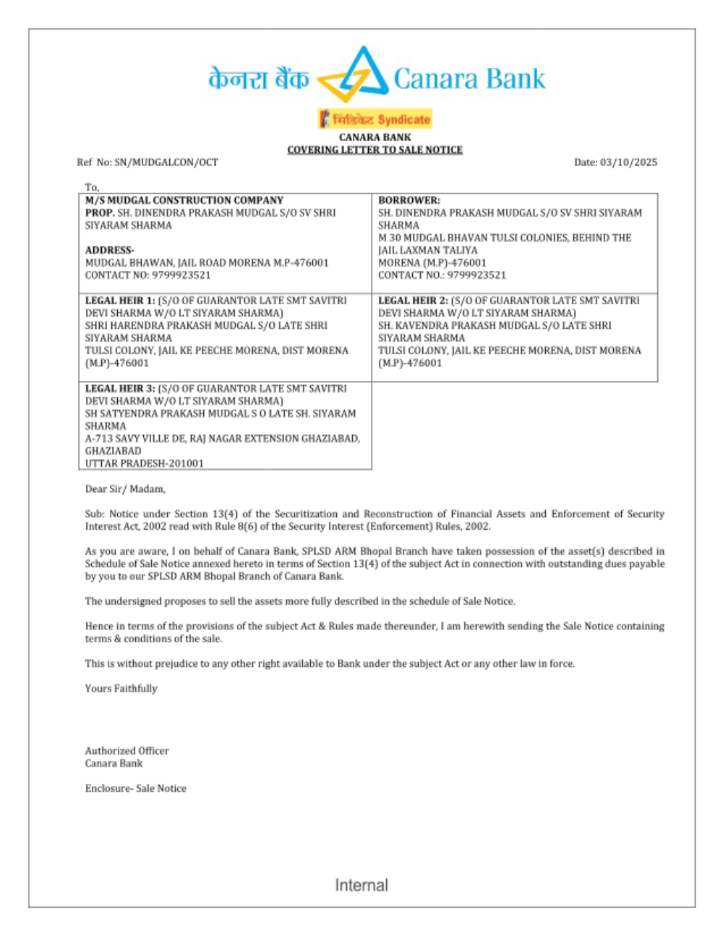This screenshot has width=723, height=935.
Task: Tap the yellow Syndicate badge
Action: tap(375, 119)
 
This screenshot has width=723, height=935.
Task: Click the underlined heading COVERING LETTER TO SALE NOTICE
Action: tap(375, 150)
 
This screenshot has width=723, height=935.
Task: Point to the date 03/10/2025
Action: tap(628, 163)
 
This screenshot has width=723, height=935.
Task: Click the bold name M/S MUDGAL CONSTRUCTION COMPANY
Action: tap(184, 200)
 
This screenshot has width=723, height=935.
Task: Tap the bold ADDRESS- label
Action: tap(109, 250)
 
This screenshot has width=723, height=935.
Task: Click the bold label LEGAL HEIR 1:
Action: tap(120, 301)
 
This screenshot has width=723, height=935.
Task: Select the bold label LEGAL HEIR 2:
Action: tap(413, 301)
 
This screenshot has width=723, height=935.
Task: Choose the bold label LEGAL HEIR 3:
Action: tap(120, 389)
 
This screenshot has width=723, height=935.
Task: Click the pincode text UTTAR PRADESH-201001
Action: tap(144, 463)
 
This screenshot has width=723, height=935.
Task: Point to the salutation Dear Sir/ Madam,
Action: tap(125, 489)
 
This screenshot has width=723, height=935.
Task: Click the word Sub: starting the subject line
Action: tap(95, 514)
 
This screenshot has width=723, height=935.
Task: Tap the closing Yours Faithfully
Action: tap(121, 689)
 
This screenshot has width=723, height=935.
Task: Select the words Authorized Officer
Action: tap(127, 751)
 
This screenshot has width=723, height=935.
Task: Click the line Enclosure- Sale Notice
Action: tap(135, 788)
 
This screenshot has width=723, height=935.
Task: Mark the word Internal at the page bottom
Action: tap(361, 885)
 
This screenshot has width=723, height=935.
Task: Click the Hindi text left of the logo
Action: tap(258, 78)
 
